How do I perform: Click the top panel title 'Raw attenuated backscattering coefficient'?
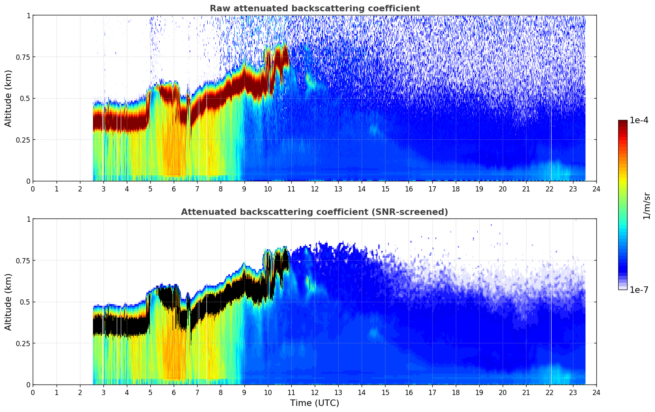[x=314, y=8]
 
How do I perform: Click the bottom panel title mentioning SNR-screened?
[x=314, y=212]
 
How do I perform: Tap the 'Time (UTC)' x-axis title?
[x=314, y=403]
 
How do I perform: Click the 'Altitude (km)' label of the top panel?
[x=8, y=98]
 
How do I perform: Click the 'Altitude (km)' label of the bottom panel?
[x=8, y=302]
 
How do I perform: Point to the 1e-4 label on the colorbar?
[x=640, y=121]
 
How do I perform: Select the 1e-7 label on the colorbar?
[x=640, y=290]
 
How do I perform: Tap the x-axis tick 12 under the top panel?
[x=315, y=189]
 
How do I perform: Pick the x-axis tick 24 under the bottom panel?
[x=596, y=392]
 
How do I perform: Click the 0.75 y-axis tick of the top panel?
[x=23, y=57]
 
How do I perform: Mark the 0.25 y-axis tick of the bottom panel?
[x=23, y=343]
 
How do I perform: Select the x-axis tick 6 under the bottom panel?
[x=174, y=392]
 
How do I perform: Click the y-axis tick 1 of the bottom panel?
[x=28, y=219]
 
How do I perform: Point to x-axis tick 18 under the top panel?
[x=455, y=189]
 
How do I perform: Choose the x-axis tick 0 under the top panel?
[x=33, y=189]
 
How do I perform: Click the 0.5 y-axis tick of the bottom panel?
[x=25, y=302]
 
